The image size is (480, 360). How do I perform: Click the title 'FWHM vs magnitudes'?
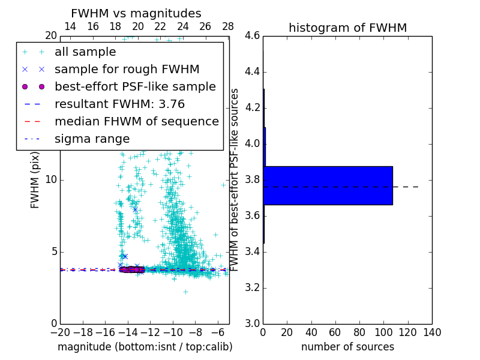coord(136,14)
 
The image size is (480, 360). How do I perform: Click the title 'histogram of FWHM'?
coord(347,28)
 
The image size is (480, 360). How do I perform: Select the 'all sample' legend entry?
coord(85,52)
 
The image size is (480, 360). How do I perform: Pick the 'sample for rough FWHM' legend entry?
coord(127,70)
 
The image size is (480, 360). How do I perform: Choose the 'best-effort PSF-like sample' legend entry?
coord(135,87)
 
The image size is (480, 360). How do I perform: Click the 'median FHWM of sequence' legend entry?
coord(136,122)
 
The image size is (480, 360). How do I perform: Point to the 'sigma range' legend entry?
coord(92,139)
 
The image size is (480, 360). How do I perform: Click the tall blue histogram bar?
coord(328,185)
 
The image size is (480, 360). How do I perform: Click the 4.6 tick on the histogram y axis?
coord(253,36)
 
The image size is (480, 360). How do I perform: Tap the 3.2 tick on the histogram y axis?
coord(253,288)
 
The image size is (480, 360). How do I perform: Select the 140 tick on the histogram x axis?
coord(432,332)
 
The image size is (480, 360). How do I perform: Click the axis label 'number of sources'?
coord(347,347)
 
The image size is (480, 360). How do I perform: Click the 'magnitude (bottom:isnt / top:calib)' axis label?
coord(145,347)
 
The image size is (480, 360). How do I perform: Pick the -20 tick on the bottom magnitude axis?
coord(60,332)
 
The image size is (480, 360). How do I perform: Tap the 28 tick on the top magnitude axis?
coord(228,27)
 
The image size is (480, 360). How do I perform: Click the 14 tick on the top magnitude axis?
coord(70,27)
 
